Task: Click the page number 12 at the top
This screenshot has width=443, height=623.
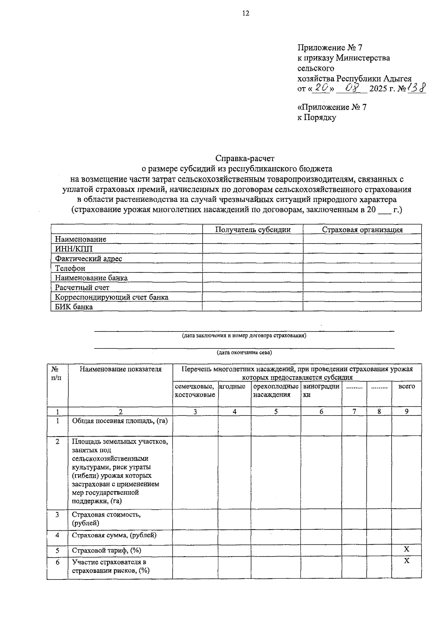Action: point(245,14)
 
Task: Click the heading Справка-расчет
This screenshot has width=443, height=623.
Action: point(245,158)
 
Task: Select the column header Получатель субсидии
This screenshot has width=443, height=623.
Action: point(253,230)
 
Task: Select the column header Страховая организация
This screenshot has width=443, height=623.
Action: point(362,230)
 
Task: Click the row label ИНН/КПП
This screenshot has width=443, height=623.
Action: point(74,249)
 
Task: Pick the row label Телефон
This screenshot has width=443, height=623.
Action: point(70,268)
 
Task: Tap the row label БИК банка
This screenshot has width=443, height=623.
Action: point(74,307)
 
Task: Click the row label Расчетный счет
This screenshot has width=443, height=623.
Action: point(82,288)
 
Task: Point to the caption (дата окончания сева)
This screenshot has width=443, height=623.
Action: point(244,352)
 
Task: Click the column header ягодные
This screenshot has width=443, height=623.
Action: point(233,386)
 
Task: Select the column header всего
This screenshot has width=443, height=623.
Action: point(406,386)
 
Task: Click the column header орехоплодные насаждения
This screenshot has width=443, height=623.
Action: point(276,390)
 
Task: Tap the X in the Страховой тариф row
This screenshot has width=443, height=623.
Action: point(406,549)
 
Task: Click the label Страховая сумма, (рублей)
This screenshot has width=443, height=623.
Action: point(114,535)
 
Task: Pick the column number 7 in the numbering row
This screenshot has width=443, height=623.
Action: point(354,412)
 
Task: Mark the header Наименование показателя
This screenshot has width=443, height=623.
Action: point(121,369)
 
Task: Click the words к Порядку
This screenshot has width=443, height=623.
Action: point(317,118)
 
